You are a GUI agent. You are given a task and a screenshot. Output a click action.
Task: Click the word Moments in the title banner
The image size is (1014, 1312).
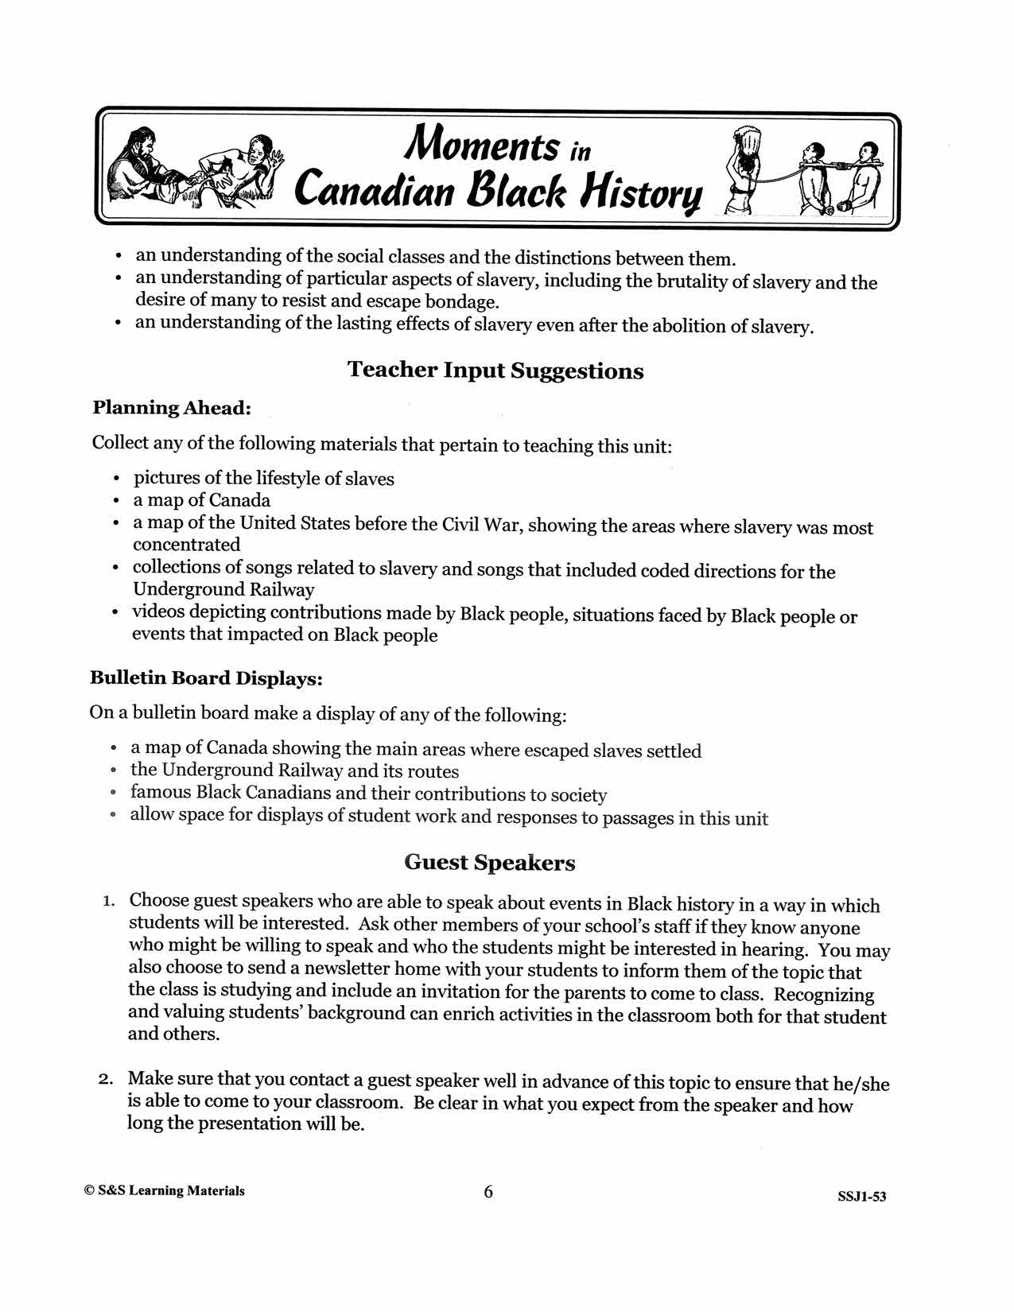(481, 146)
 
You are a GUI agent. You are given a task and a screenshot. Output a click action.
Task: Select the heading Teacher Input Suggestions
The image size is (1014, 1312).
(495, 371)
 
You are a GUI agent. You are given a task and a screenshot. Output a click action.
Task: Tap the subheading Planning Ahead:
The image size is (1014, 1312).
(172, 408)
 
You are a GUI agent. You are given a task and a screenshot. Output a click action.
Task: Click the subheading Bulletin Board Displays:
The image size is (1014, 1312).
(206, 678)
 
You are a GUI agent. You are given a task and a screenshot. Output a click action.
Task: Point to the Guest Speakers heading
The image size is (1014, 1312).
(489, 863)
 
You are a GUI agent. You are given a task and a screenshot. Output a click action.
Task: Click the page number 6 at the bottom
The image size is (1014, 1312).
(488, 1191)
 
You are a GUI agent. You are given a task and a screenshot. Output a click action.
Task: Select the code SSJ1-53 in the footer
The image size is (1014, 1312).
(861, 1197)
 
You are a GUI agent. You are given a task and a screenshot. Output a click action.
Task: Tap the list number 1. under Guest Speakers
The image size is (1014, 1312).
(109, 902)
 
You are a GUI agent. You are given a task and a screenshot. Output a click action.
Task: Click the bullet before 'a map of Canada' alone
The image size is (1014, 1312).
(117, 502)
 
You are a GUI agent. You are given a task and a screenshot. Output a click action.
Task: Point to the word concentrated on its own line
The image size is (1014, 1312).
(186, 545)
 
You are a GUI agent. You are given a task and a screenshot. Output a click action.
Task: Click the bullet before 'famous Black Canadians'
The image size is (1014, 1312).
(114, 794)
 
